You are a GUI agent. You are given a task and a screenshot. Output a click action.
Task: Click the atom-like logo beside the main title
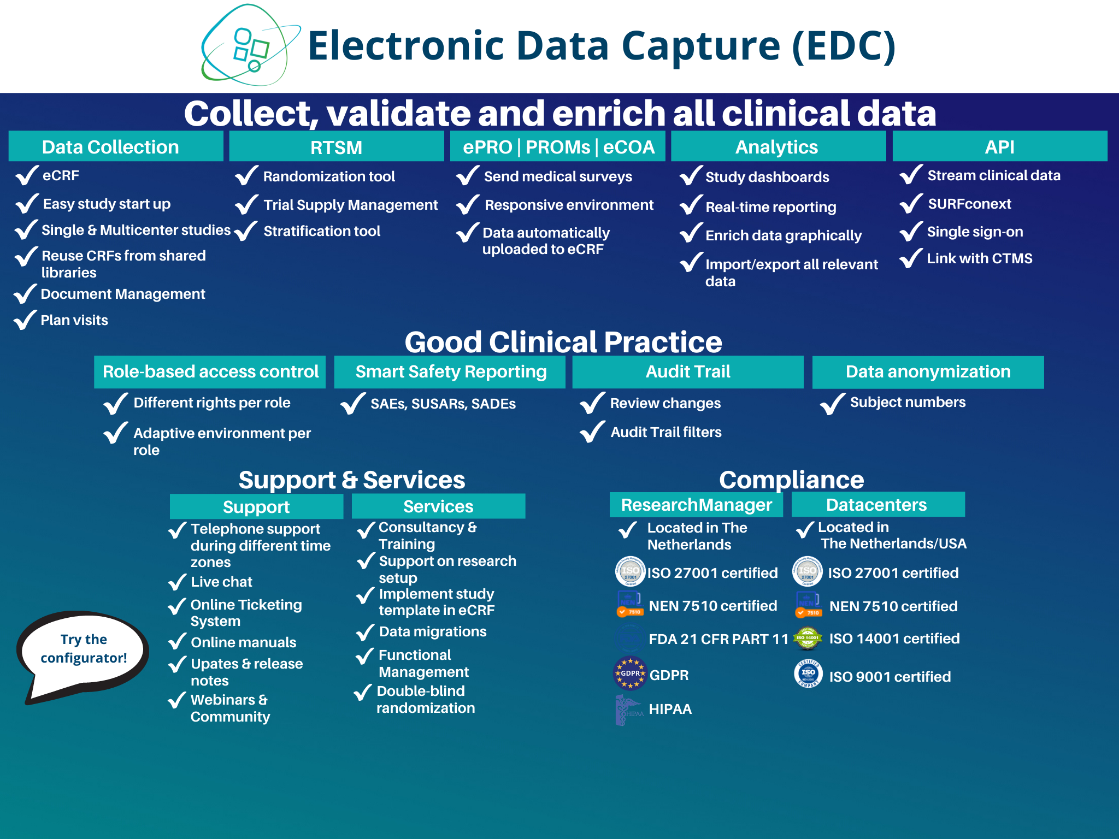[251, 45]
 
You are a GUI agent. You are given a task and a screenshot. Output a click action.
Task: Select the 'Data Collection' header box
[116, 146]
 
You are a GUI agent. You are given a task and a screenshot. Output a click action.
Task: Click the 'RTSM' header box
[337, 146]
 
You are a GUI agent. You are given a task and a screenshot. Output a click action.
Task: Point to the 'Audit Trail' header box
[688, 372]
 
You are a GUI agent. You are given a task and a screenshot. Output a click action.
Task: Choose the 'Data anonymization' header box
[928, 372]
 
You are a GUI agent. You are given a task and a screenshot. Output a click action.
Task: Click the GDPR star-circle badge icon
[631, 673]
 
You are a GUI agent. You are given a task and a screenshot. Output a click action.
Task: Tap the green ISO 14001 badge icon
[808, 638]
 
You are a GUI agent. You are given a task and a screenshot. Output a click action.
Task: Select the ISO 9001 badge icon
[808, 673]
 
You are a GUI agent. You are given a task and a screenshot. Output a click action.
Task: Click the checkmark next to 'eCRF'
[27, 175]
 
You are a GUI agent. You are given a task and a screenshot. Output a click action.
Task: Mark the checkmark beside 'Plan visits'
[25, 320]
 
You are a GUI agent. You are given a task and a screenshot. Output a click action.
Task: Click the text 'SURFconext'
[969, 204]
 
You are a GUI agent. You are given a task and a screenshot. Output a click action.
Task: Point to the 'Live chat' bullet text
[221, 582]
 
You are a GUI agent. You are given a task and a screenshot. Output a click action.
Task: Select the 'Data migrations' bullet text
[433, 631]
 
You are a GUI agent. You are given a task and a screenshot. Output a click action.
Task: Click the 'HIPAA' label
[670, 709]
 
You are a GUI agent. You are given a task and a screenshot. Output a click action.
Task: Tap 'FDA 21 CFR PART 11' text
[718, 639]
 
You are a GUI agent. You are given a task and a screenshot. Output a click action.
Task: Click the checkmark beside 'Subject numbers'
[833, 404]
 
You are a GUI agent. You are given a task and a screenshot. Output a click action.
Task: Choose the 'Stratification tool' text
[322, 231]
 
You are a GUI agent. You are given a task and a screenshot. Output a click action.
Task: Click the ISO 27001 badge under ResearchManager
[631, 571]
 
